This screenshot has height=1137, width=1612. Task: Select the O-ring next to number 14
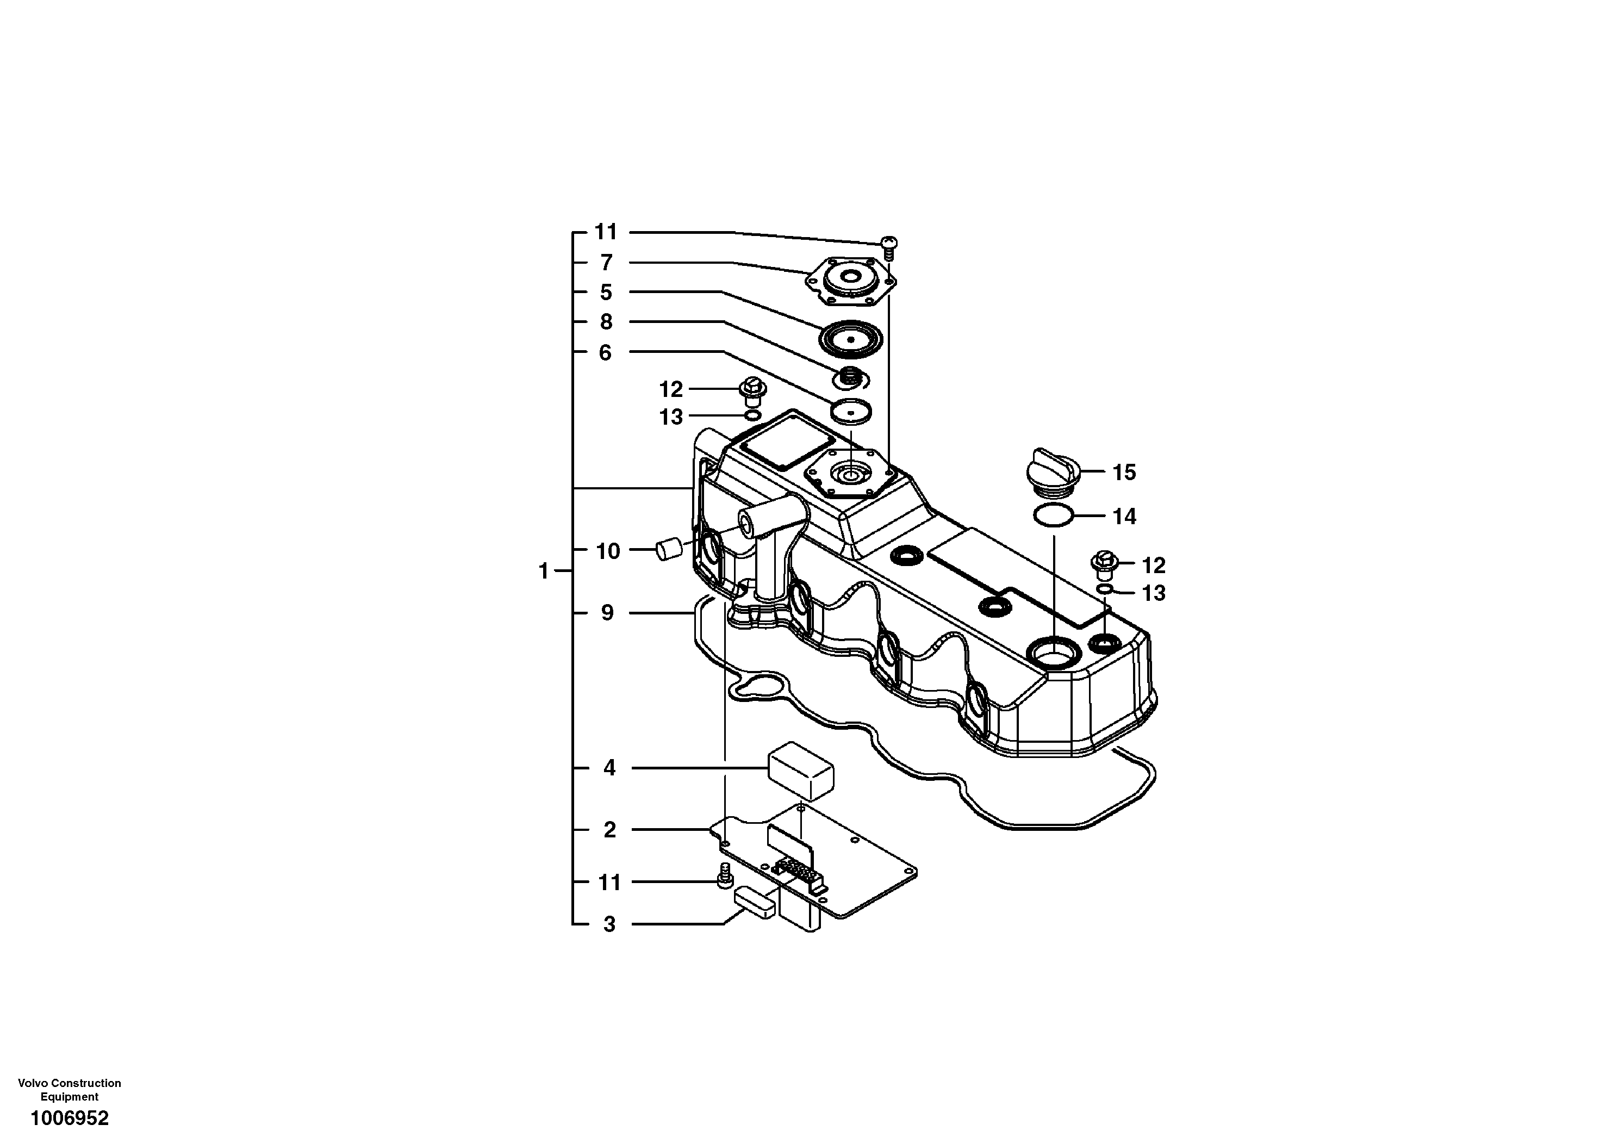1053,516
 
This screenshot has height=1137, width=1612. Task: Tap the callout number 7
606,263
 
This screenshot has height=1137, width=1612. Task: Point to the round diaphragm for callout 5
851,339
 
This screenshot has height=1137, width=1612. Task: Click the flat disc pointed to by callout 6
850,412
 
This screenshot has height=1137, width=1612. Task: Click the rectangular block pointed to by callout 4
800,771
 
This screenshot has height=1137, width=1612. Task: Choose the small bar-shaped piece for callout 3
755,902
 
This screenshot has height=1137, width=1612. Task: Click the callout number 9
607,613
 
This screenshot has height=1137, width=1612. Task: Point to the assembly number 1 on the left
543,571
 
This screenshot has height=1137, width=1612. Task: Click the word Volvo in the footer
32,1084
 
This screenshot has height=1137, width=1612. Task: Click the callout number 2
609,830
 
